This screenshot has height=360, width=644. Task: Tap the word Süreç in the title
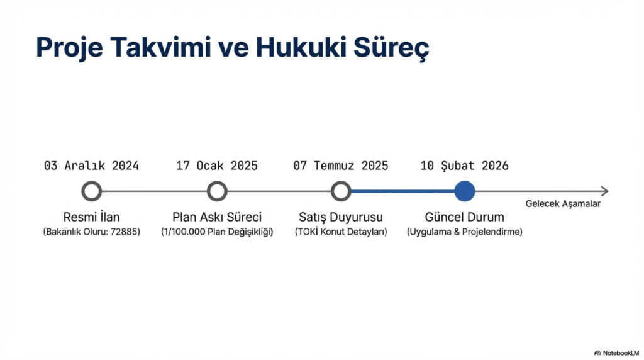coord(390,48)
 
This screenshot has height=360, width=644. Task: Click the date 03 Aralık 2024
coord(92,166)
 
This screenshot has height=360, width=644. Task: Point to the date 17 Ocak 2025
coord(217,166)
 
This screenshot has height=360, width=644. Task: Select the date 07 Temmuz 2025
coord(341,166)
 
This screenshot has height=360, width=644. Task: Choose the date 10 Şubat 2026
coord(465,166)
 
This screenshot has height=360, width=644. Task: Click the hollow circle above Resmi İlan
coord(92,191)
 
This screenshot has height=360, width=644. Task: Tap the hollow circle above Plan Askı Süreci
coord(217,191)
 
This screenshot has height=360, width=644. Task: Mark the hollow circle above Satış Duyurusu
coord(341,191)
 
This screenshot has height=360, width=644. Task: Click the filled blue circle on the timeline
coord(465,191)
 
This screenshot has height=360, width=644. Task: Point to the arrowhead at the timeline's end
coord(605,191)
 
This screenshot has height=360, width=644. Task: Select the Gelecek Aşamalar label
coord(563,204)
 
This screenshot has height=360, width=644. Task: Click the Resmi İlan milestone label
coord(92,217)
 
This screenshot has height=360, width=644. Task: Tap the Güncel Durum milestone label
coord(465,217)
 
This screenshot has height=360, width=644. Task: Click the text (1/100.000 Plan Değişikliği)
coord(217,232)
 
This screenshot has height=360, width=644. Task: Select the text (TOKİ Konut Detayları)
coord(341,232)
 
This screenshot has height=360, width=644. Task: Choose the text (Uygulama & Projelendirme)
coord(465,232)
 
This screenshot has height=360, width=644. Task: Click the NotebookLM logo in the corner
coord(616,353)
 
